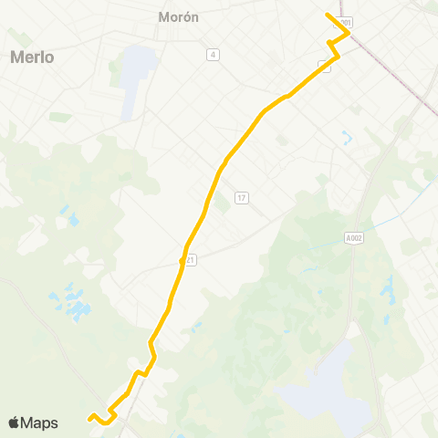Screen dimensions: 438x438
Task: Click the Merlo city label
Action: (x=33, y=57)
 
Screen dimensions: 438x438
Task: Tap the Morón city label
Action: (x=178, y=17)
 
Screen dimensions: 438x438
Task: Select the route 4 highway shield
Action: (x=213, y=55)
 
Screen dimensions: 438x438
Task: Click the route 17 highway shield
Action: (x=241, y=198)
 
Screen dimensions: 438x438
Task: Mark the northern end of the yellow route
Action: (x=328, y=15)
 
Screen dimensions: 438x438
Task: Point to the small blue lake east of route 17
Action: (x=347, y=140)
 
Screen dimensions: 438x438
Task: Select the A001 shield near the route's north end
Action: (x=343, y=21)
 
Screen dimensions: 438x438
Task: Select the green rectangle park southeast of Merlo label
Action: (x=60, y=117)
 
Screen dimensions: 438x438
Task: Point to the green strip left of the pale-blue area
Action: (x=115, y=69)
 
